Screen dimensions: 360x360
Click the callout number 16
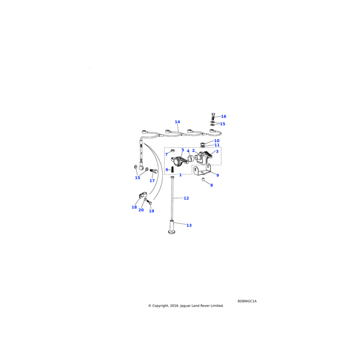coord(223,117)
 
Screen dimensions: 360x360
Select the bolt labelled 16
coord(213,117)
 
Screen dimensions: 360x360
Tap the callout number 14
coord(177,122)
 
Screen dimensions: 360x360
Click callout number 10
coord(217,141)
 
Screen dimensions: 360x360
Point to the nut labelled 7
coord(173,151)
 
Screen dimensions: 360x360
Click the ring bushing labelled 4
coord(189,158)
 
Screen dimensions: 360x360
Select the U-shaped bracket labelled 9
coord(202,171)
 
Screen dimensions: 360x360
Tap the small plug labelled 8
coord(203,180)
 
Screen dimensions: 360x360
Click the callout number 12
coord(186,198)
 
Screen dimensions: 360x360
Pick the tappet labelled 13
coord(171,227)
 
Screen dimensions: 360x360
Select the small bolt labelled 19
coord(149,202)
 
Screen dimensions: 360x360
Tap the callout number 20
coord(141,210)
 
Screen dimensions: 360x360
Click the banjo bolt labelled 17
coord(153,171)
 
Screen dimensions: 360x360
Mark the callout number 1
coord(180,175)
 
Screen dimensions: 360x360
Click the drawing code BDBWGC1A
coord(247,301)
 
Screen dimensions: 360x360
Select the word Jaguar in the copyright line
coord(185,306)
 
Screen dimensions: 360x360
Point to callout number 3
coord(217,152)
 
